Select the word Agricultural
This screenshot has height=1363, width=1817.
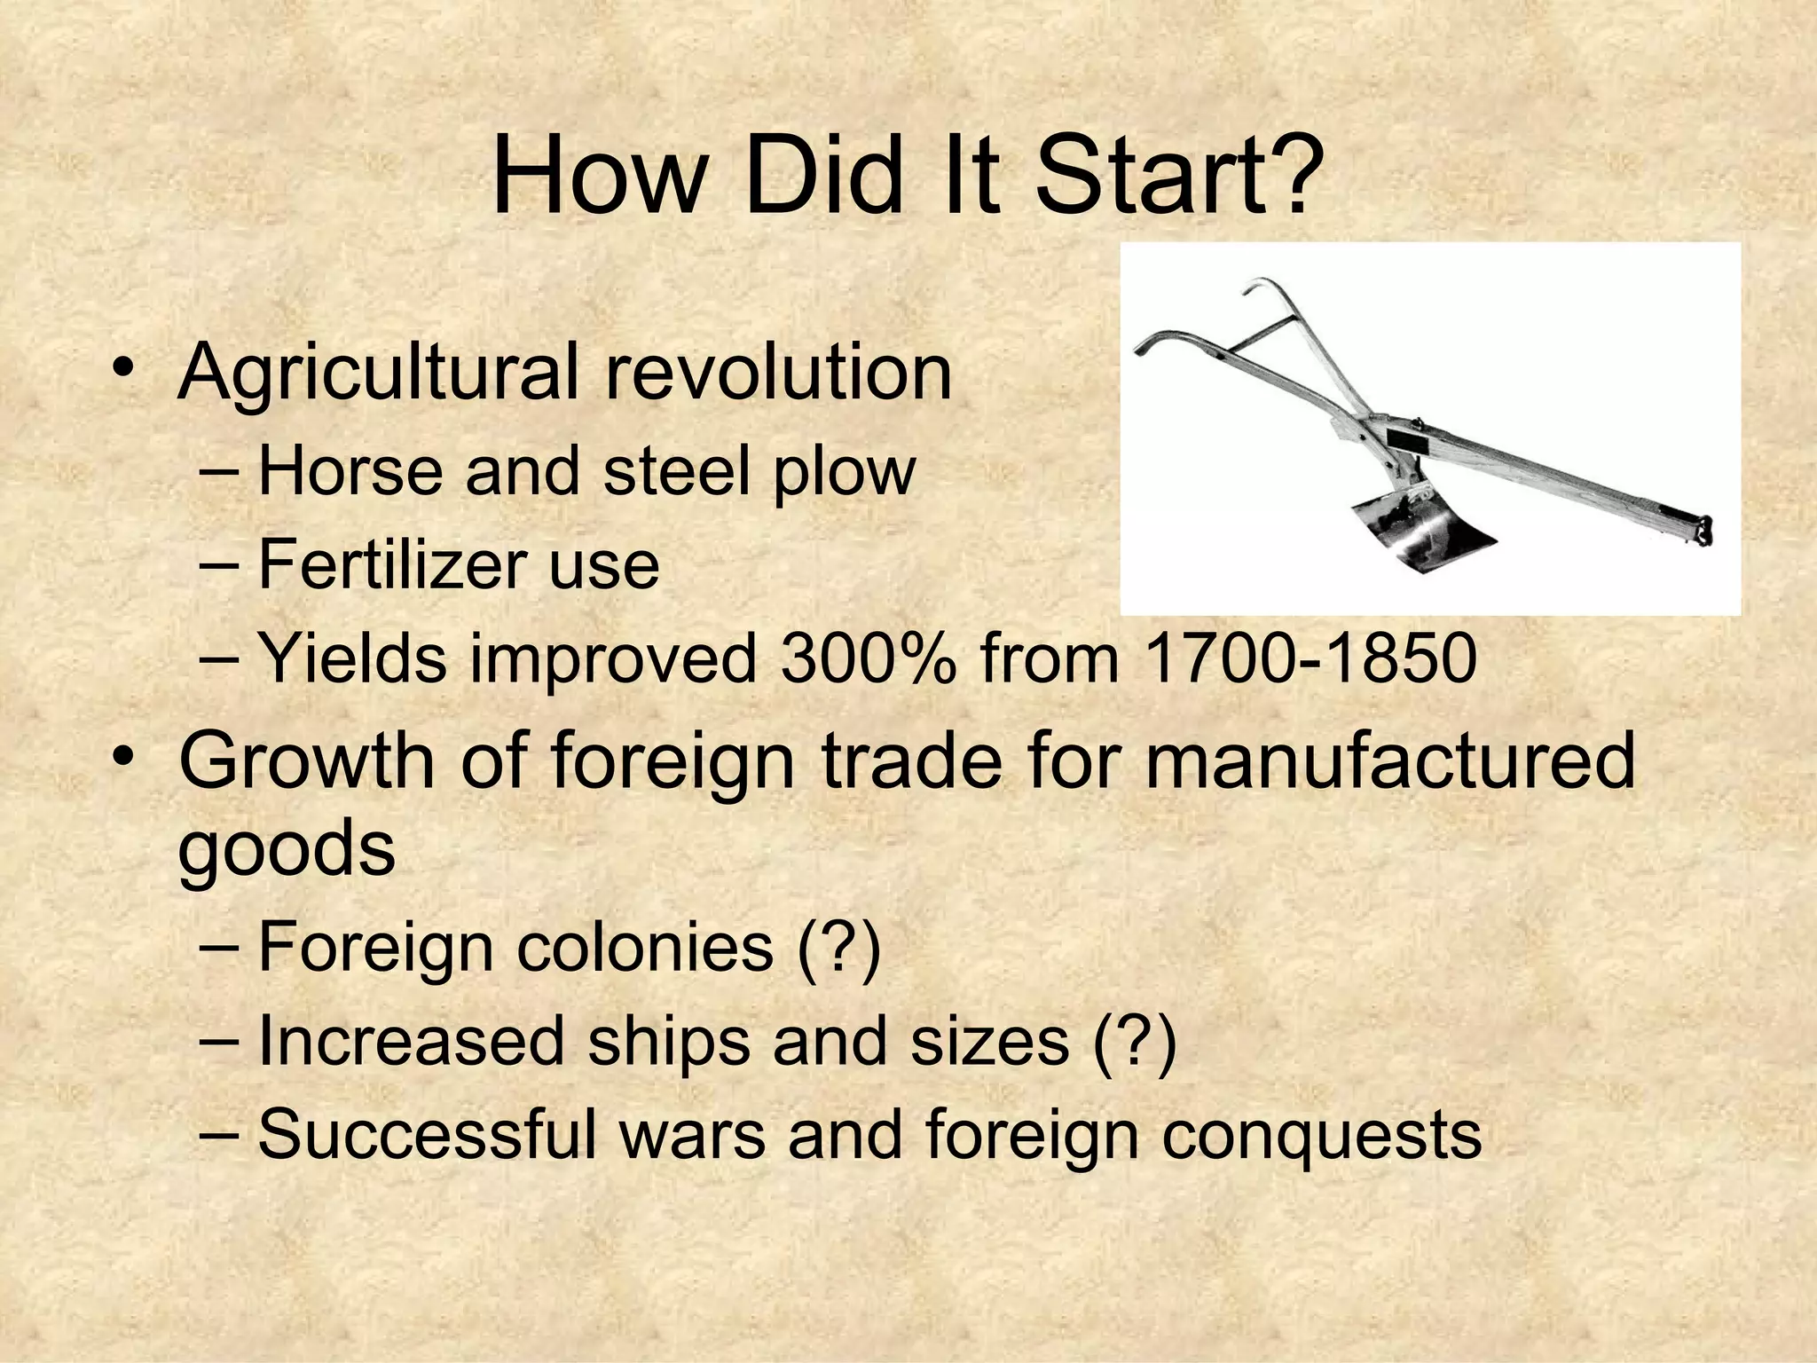coord(378,373)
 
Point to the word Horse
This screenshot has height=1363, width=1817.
coord(350,471)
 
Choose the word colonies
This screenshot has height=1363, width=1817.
coord(645,947)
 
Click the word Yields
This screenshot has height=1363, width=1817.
coord(351,658)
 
